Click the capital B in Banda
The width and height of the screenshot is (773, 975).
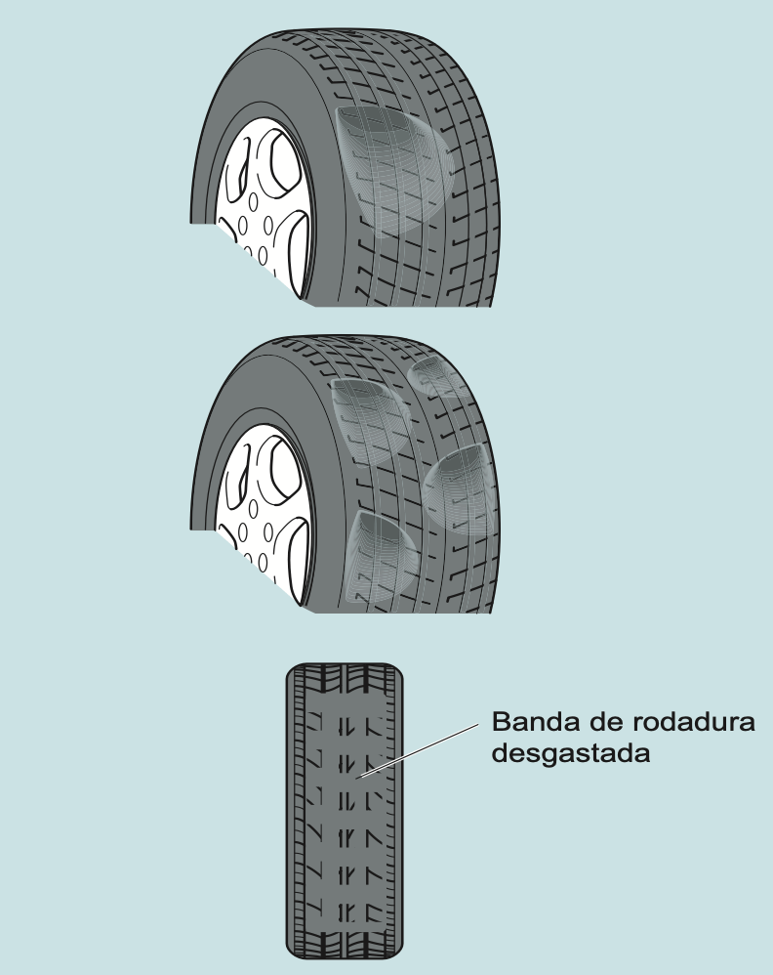(x=501, y=725)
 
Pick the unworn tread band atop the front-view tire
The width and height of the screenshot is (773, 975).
(x=344, y=677)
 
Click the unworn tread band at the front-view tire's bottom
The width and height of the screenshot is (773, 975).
(x=344, y=942)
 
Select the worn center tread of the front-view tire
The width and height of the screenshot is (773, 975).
(x=344, y=811)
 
